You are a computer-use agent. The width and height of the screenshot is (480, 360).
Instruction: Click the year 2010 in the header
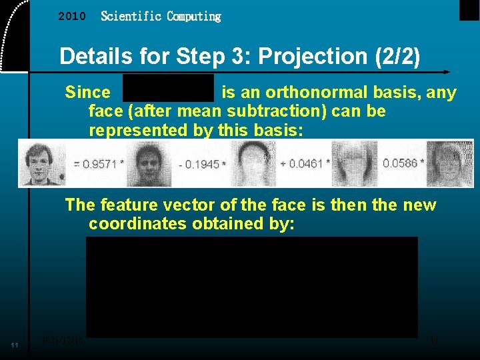(x=72, y=16)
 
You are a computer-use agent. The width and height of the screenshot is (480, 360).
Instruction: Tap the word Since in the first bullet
(x=87, y=93)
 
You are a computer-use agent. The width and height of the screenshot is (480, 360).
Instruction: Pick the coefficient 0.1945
(x=202, y=164)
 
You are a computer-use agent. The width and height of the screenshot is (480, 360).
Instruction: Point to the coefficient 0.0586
(x=402, y=163)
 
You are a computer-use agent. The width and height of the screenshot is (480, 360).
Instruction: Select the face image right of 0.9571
(x=149, y=164)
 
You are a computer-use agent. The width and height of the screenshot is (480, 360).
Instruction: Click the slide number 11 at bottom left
(x=15, y=345)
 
